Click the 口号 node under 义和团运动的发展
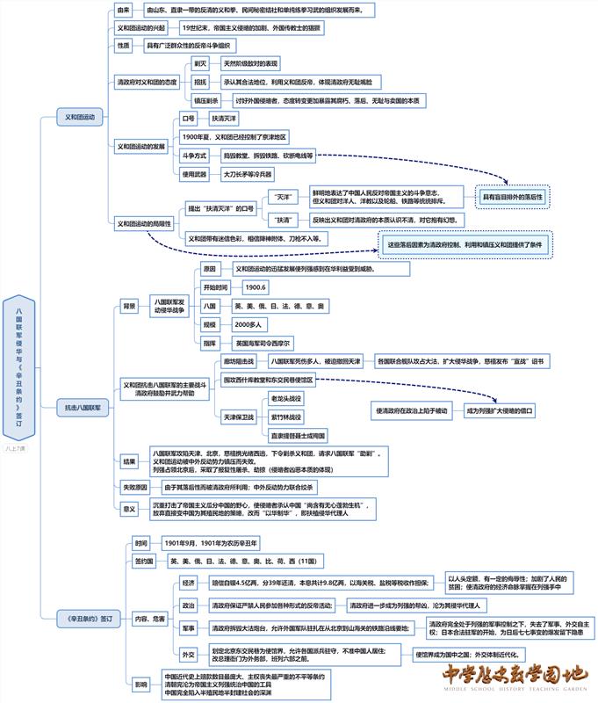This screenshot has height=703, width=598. pyautogui.click(x=188, y=118)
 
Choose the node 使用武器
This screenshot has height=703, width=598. pyautogui.click(x=194, y=174)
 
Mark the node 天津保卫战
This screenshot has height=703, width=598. pyautogui.click(x=238, y=417)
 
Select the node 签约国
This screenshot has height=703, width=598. pyautogui.click(x=144, y=561)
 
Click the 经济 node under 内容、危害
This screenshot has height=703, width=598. pyautogui.click(x=188, y=583)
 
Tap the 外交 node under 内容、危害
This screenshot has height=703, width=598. pyautogui.click(x=188, y=654)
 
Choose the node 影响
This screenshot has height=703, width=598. pyautogui.click(x=140, y=683)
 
